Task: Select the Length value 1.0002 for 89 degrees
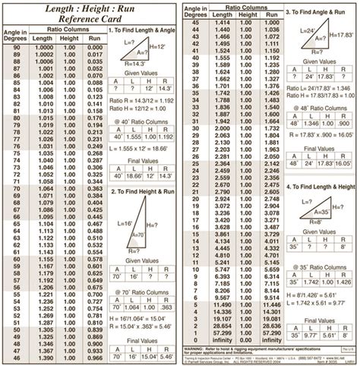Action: click(x=44, y=55)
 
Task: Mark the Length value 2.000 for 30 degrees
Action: click(x=223, y=130)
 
